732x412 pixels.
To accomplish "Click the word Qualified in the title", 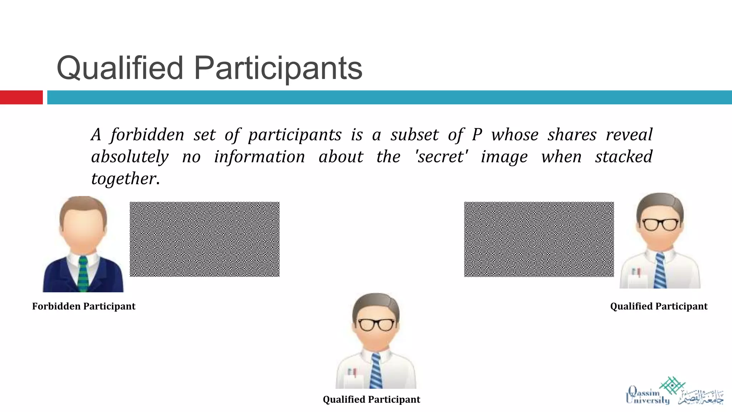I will pos(120,68).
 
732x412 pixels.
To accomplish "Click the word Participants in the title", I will pos(278,68).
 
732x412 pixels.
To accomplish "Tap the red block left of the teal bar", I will pos(21,97).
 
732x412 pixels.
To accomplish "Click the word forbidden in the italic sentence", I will pos(147,135).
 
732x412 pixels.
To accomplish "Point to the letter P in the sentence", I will pos(477,135).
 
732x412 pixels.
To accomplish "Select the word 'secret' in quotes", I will pos(442,157).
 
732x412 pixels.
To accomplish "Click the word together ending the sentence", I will pos(123,178).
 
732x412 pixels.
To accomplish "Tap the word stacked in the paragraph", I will pos(624,157).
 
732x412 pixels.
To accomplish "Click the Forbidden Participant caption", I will pos(84,306).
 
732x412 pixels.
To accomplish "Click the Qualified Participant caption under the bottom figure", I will pos(371,399).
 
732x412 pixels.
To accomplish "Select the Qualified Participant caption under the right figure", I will pos(659,306).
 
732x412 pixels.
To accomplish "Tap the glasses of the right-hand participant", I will pos(660,224).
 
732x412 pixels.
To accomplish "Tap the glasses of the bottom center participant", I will pos(376,324).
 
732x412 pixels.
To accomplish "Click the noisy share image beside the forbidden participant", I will pos(204,239).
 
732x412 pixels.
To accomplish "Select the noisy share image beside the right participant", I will pos(539,239).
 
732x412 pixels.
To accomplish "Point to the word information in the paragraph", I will pos(259,157).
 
